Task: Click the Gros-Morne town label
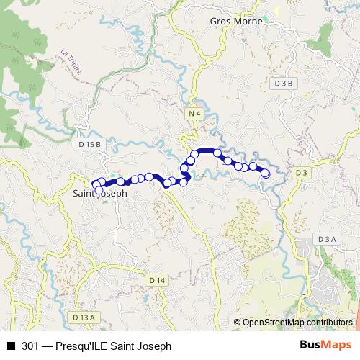tap(236, 21)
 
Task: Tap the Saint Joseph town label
tap(101, 194)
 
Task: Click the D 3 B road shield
tap(284, 84)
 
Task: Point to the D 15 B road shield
tap(90, 145)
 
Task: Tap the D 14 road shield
tap(158, 279)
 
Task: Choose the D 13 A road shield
tap(84, 317)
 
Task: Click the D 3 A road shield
tap(326, 239)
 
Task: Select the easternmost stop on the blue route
tap(266, 173)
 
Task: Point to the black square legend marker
tap(11, 346)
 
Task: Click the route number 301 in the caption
tap(30, 346)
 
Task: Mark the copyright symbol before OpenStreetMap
tap(237, 323)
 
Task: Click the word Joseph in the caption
tap(155, 346)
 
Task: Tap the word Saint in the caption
tap(124, 346)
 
